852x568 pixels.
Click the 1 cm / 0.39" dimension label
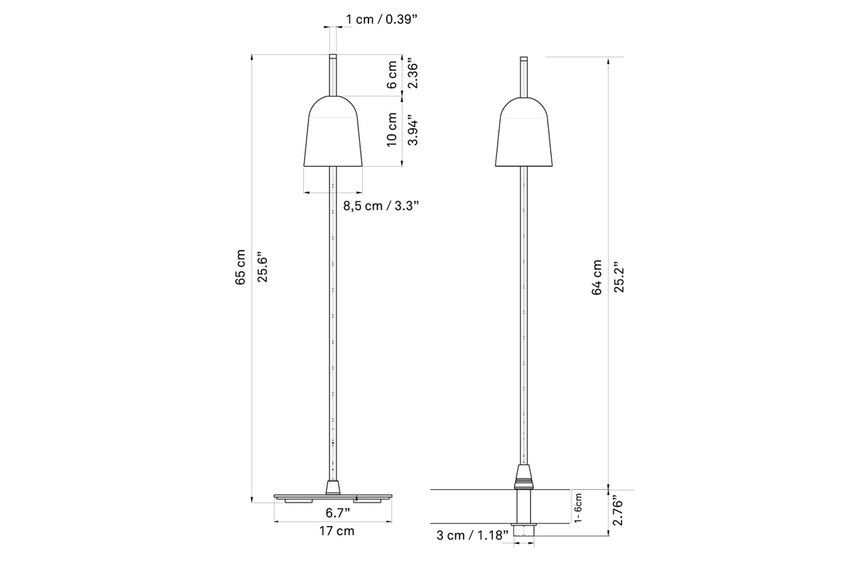[x=381, y=19]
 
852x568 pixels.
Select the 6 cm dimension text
[x=392, y=75]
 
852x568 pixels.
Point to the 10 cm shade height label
[x=392, y=129]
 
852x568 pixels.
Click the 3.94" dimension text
[x=413, y=130]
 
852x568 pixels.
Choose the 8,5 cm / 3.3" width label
[x=381, y=206]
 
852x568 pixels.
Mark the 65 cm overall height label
[x=241, y=268]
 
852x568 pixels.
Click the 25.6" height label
[x=263, y=267]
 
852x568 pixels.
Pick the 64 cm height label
[x=597, y=278]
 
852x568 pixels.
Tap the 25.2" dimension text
[x=619, y=277]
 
